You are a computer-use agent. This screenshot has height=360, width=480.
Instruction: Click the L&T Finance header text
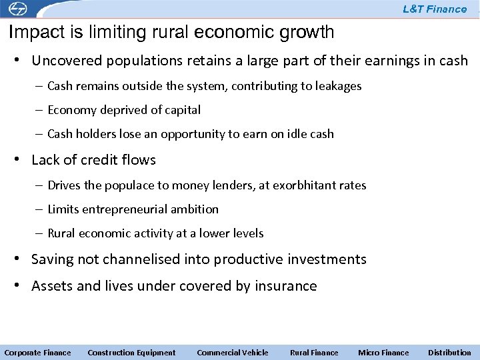tap(435, 9)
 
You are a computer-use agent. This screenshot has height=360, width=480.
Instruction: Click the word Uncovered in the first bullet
tap(63, 61)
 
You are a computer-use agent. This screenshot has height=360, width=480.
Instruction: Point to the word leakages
tap(339, 86)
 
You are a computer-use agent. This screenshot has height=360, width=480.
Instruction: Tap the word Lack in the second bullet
tap(45, 160)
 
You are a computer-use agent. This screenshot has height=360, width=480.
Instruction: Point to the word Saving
tap(52, 259)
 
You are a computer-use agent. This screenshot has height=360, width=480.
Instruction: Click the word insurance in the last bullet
tap(287, 286)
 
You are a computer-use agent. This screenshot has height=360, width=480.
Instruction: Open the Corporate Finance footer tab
tap(37, 353)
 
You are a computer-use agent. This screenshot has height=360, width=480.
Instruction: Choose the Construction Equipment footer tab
tap(131, 353)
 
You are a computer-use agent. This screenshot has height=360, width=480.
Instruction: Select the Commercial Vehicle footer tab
tap(233, 353)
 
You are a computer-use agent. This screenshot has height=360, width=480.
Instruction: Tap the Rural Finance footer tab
tap(314, 353)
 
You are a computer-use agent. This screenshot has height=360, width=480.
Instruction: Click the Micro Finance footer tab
tap(383, 353)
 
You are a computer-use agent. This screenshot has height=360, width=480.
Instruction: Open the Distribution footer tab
tap(449, 353)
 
